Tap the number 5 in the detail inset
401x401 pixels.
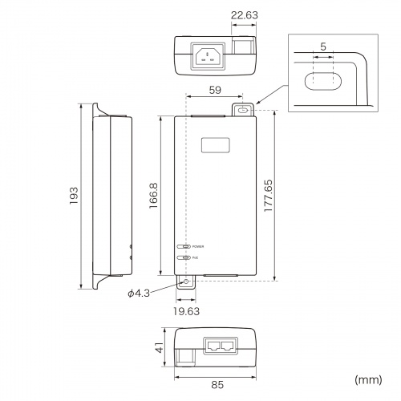click(322, 47)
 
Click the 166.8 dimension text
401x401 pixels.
click(153, 196)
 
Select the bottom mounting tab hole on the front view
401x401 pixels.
click(187, 282)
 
